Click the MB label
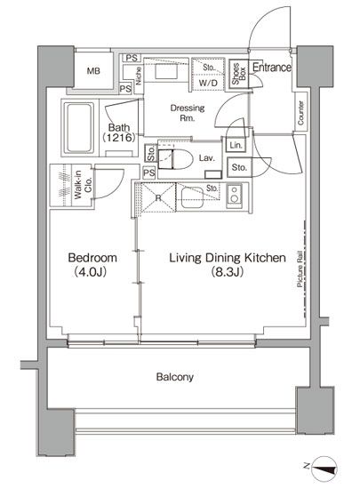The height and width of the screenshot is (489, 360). [92, 72]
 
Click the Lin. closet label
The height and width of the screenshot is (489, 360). [235, 145]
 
